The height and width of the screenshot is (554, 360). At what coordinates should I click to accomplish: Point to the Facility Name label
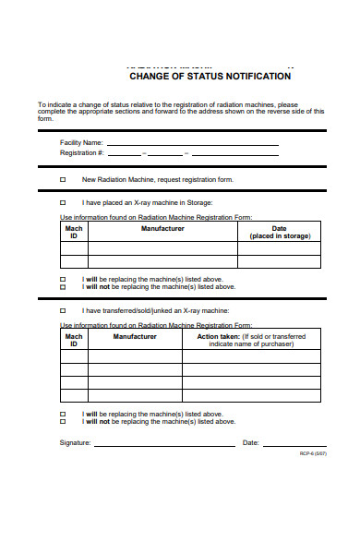tap(81, 143)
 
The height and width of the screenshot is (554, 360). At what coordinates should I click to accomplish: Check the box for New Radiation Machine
tap(63, 179)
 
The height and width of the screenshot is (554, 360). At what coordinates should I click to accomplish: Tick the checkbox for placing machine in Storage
tap(63, 202)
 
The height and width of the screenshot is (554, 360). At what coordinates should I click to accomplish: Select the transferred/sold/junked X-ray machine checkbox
tap(63, 310)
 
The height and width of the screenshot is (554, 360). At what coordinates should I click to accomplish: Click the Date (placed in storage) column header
tap(279, 232)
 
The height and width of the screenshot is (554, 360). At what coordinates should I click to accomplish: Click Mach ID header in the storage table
tap(74, 232)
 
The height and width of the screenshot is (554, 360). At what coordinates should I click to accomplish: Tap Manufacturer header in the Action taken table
tap(135, 336)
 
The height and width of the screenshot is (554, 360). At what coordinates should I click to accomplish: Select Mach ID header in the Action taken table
tap(74, 340)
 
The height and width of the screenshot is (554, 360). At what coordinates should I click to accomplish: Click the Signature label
tap(75, 443)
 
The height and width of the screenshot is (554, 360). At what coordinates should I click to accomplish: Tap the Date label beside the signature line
tap(250, 443)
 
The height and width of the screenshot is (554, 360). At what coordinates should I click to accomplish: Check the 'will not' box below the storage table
tap(63, 286)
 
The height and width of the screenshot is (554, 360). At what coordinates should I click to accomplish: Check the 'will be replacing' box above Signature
tap(63, 414)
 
